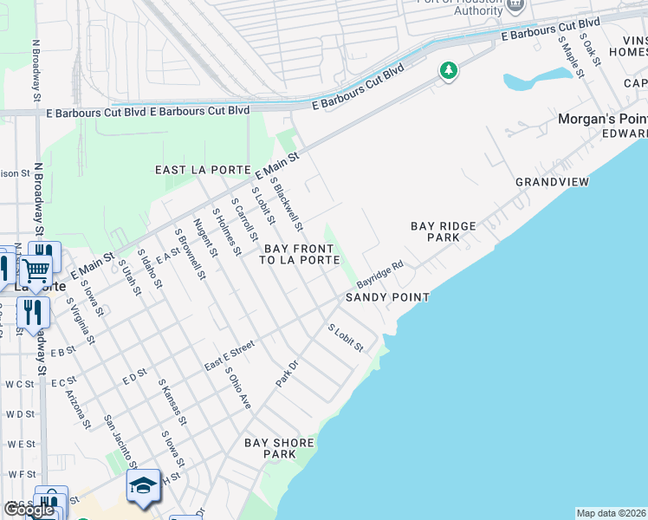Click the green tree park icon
point(448,70)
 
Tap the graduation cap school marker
point(143,485)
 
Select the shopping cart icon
point(36,271)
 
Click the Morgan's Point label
point(602,119)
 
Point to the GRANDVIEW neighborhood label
point(552,182)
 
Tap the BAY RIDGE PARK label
point(443,231)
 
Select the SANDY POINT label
point(387,297)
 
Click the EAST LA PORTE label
point(202,170)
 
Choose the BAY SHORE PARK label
point(278,448)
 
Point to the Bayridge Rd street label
point(380,276)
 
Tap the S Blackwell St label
point(287,204)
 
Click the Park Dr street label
point(286,374)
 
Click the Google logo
point(29,510)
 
